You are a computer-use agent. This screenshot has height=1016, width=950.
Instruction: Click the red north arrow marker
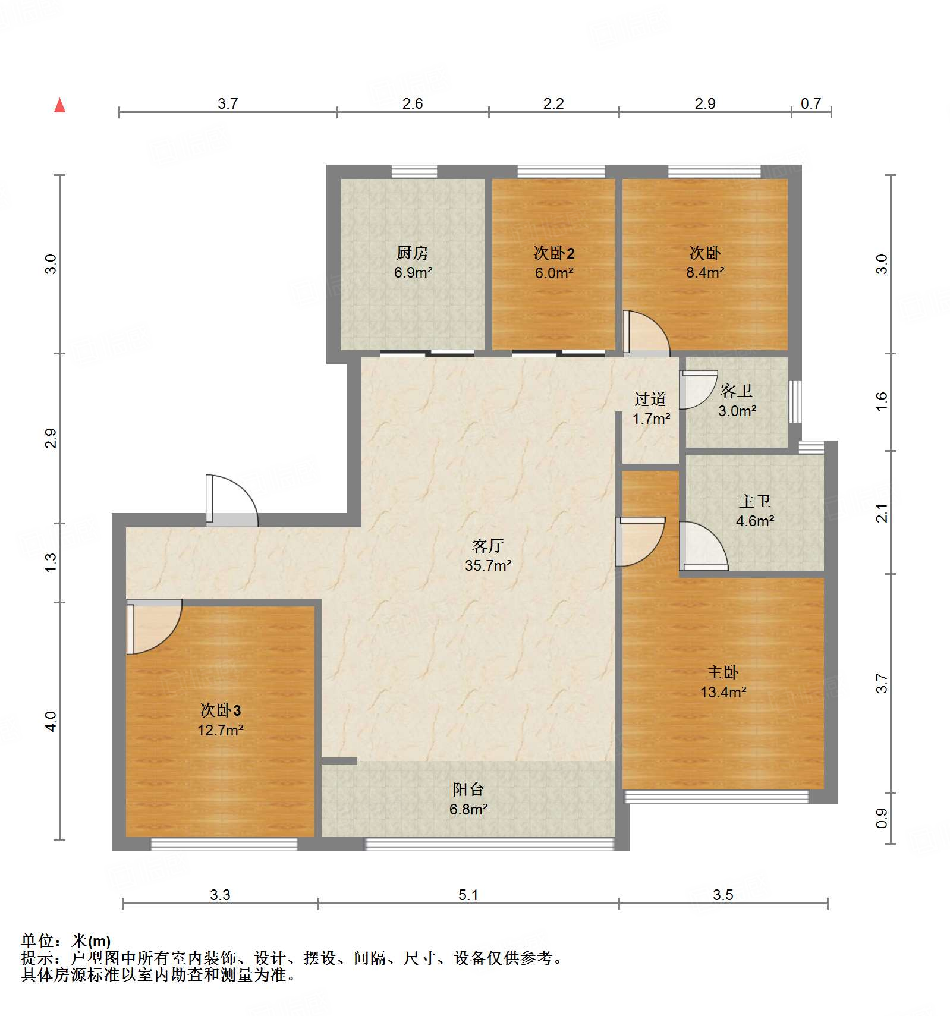(x=59, y=105)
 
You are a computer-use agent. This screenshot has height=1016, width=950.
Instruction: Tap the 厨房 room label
(x=412, y=253)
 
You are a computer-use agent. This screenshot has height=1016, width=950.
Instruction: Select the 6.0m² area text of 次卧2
(x=553, y=273)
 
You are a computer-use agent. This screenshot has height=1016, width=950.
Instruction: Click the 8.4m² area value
(x=704, y=272)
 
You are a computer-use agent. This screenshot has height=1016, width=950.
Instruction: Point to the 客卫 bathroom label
(x=736, y=391)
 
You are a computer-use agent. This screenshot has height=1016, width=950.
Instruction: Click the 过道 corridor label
(x=650, y=399)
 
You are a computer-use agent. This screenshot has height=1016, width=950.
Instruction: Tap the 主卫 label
(x=754, y=501)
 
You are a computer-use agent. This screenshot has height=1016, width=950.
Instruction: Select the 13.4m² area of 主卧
(x=723, y=692)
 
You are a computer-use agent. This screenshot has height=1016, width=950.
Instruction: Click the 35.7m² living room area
(x=487, y=565)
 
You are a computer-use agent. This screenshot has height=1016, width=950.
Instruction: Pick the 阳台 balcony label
(x=468, y=789)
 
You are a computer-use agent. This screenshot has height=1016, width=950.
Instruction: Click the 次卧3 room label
(x=220, y=710)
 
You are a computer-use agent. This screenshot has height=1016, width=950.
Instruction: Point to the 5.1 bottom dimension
(x=468, y=895)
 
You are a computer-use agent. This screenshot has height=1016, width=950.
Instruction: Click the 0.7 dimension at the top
(x=810, y=103)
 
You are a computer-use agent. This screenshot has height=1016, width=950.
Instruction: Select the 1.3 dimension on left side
(x=51, y=562)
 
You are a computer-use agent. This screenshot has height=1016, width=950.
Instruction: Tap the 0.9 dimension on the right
(x=882, y=818)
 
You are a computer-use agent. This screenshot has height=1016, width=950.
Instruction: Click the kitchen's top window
(x=414, y=171)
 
